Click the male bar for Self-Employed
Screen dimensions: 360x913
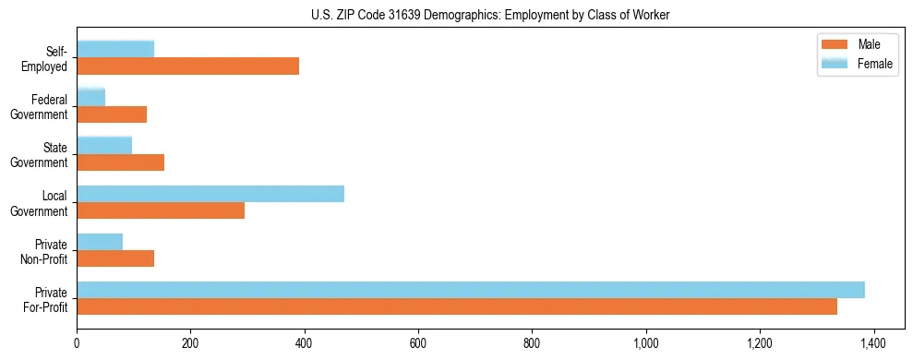point(187,66)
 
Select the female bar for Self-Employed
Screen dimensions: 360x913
point(115,49)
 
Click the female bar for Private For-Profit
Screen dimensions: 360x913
point(471,290)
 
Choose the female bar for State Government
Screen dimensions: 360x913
point(104,146)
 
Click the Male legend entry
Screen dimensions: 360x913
point(868,45)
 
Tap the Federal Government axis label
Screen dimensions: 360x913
point(40,107)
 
